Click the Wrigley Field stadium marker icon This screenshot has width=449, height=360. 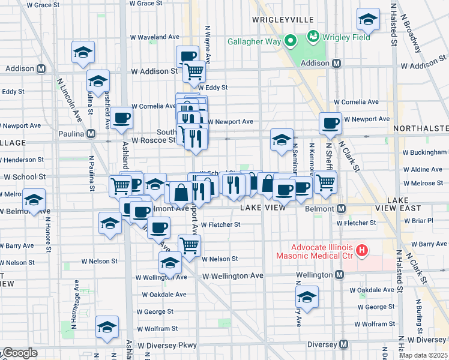[x=313, y=37]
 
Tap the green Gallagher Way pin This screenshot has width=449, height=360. [x=291, y=41]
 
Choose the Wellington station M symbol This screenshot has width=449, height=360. [x=340, y=275]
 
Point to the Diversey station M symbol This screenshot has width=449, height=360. [x=343, y=344]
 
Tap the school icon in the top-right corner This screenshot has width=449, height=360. [x=368, y=19]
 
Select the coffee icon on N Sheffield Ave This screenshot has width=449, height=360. [x=330, y=123]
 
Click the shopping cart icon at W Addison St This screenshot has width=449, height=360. [x=194, y=72]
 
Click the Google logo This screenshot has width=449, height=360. [x=20, y=353]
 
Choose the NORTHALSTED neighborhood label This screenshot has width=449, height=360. [x=421, y=128]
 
